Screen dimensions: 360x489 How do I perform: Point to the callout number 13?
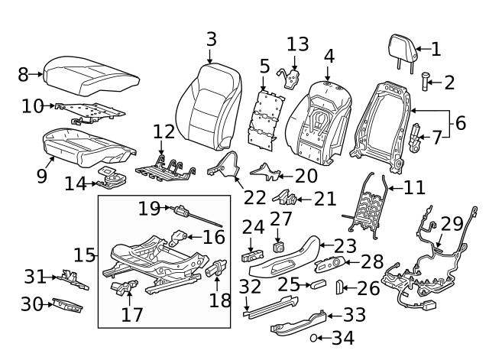tap(297, 44)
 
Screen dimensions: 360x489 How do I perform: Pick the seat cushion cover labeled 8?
tap(92, 73)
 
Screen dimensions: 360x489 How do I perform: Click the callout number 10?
tap(32, 105)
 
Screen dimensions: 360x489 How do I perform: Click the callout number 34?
tap(343, 336)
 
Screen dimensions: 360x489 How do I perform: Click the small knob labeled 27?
tap(279, 247)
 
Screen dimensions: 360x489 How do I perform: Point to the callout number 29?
tap(452, 224)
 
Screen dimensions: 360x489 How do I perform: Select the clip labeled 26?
tap(338, 287)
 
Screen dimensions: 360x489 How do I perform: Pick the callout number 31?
tap(35, 275)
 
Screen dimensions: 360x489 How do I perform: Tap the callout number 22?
tap(254, 196)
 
